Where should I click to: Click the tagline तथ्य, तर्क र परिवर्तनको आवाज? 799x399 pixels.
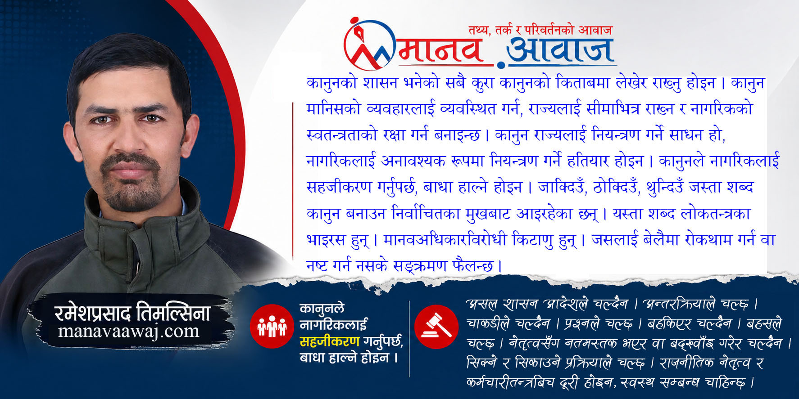pyautogui.click(x=540, y=30)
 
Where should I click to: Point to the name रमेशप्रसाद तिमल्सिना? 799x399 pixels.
pyautogui.click(x=132, y=312)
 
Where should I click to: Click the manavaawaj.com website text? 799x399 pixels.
pyautogui.click(x=129, y=332)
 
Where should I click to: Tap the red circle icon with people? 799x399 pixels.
pyautogui.click(x=272, y=326)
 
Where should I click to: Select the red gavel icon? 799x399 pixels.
pyautogui.click(x=436, y=327)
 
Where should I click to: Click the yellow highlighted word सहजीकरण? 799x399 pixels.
pyautogui.click(x=330, y=341)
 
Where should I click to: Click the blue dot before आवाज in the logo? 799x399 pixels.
pyautogui.click(x=501, y=65)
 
